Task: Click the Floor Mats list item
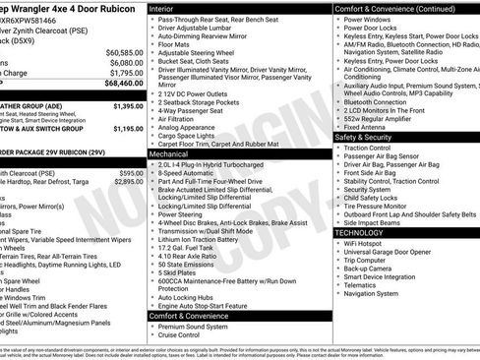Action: point(174,44)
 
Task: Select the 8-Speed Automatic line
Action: point(188,172)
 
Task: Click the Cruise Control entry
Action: point(182,334)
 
